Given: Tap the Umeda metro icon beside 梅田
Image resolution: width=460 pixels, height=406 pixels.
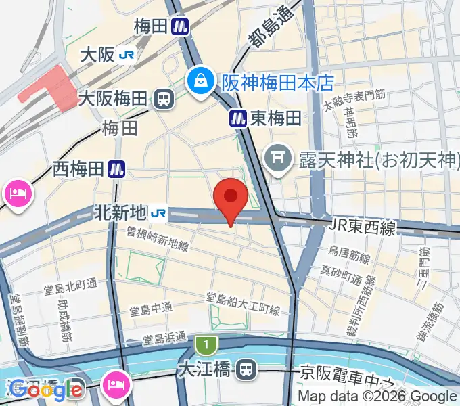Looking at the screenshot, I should tap(180, 26).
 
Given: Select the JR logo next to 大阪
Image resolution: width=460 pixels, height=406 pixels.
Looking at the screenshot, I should tap(127, 55).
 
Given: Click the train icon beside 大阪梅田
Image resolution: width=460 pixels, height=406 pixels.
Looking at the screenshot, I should tap(164, 100).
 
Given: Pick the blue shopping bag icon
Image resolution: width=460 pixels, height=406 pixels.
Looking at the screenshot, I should tap(201, 83).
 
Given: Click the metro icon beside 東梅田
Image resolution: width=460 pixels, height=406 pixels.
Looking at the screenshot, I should tap(237, 118).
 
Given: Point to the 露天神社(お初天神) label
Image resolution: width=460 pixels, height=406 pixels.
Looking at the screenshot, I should tap(370, 160).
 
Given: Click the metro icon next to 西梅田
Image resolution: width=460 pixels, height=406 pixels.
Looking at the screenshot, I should tap(118, 168).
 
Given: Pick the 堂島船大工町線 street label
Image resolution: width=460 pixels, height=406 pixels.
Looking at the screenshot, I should tap(243, 304).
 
